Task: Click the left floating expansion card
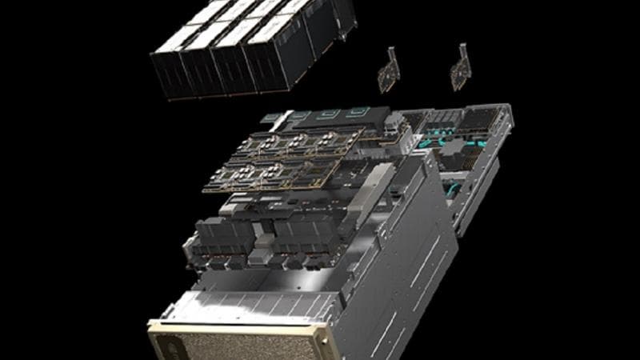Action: [389, 73]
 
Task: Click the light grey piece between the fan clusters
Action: [259, 254]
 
